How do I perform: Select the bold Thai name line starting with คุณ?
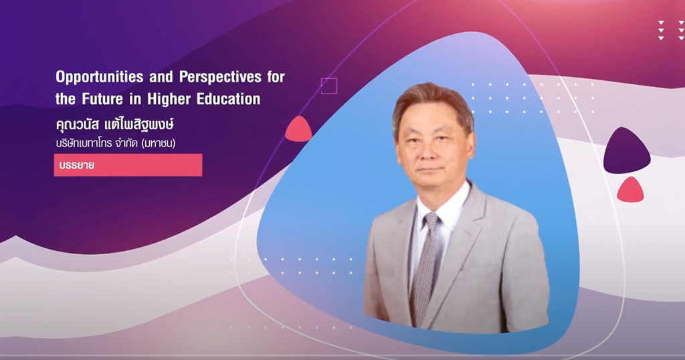tap(119, 125)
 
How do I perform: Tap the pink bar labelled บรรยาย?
tap(128, 165)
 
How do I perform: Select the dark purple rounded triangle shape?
tap(626, 151)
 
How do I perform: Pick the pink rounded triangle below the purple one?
tap(629, 191)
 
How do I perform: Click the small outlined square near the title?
tap(328, 86)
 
